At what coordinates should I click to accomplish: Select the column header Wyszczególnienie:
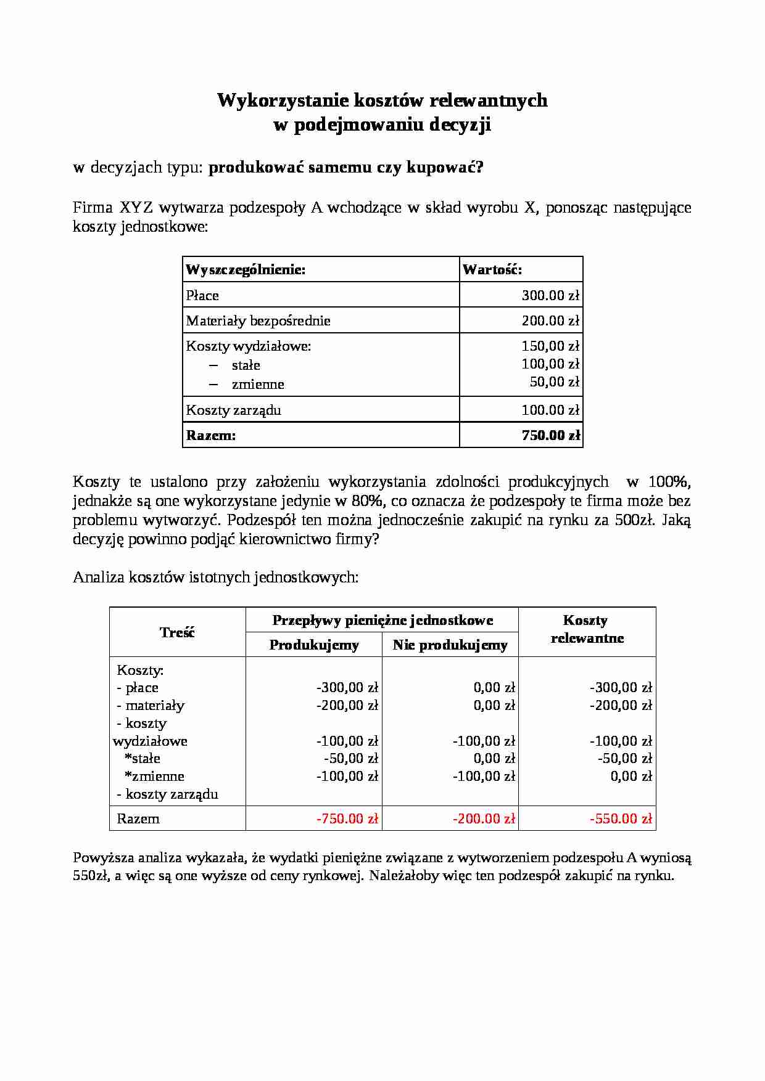[x=246, y=270]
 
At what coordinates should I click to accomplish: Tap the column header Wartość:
[x=492, y=270]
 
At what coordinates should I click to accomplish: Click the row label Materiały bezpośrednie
[x=258, y=321]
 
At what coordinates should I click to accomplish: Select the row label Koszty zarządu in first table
[x=233, y=410]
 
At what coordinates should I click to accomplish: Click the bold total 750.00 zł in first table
[x=550, y=436]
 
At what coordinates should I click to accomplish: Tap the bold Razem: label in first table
[x=210, y=436]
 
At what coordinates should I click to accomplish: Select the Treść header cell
[x=177, y=632]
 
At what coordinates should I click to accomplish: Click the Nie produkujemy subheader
[x=450, y=645]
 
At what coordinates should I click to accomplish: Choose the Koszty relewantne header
[x=587, y=629]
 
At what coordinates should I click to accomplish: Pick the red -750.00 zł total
[x=347, y=819]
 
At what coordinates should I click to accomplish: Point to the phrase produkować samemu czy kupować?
[x=345, y=168]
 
